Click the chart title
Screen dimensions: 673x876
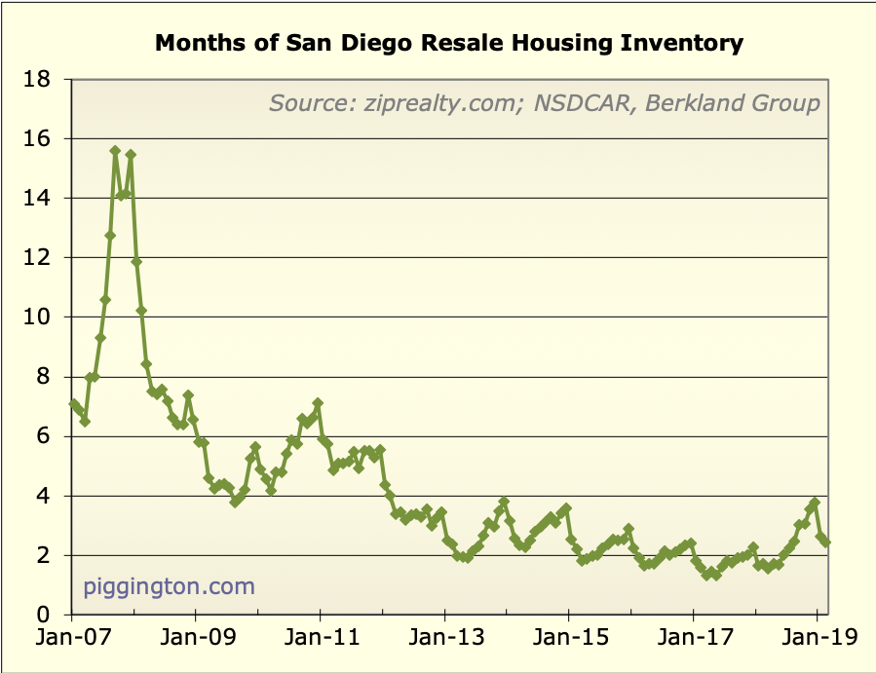pyautogui.click(x=449, y=44)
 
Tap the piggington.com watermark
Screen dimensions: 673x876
pyautogui.click(x=169, y=586)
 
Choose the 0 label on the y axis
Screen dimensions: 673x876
pyautogui.click(x=43, y=616)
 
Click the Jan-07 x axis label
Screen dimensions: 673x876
pyautogui.click(x=71, y=639)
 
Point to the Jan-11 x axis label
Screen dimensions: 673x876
pyautogui.click(x=320, y=639)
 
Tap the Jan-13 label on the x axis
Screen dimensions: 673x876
pyautogui.click(x=444, y=639)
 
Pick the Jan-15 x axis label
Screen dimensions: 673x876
pyautogui.click(x=568, y=639)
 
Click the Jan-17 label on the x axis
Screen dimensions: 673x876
pyautogui.click(x=693, y=639)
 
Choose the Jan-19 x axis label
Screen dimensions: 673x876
pyautogui.click(x=817, y=639)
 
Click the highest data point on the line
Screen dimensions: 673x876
pyautogui.click(x=115, y=151)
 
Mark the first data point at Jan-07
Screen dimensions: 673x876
pyautogui.click(x=73, y=404)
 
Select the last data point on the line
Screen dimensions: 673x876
pyautogui.click(x=826, y=542)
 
